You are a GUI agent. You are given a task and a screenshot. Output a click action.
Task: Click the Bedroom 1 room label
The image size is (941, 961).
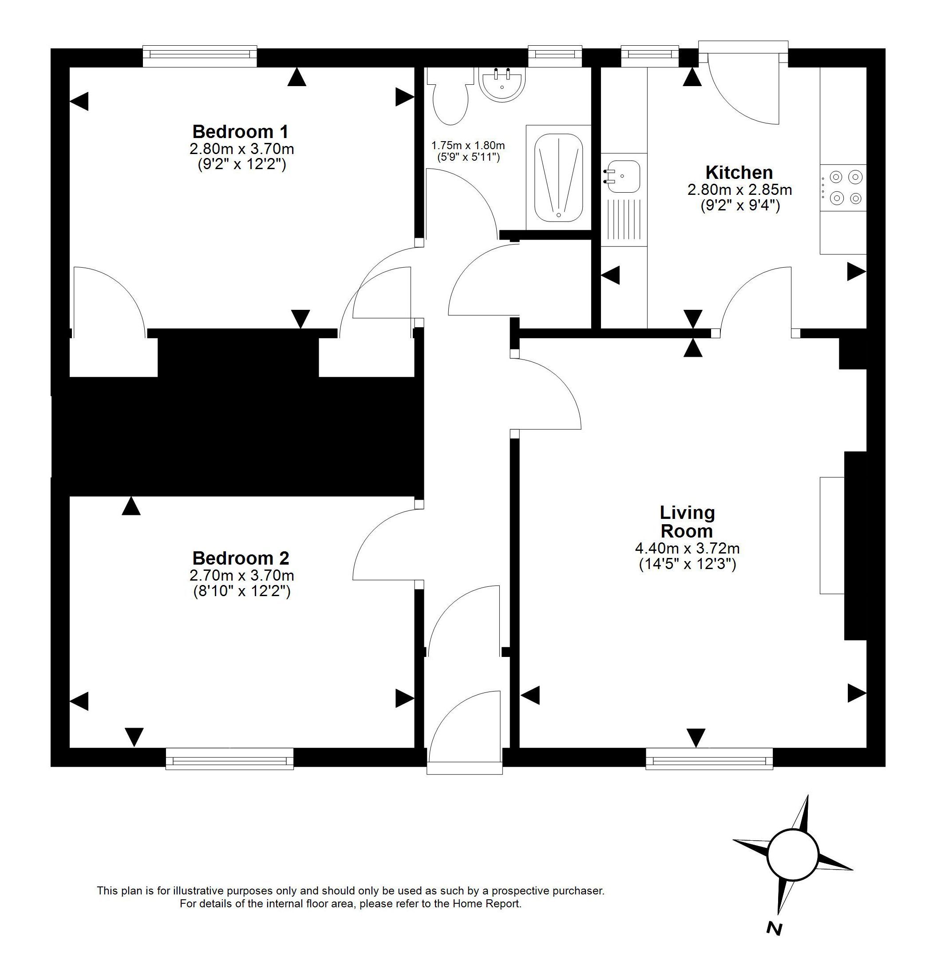tap(240, 132)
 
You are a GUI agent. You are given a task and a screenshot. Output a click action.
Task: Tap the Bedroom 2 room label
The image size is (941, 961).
tap(241, 558)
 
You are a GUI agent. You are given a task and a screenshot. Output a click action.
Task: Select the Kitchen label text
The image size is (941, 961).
tap(739, 173)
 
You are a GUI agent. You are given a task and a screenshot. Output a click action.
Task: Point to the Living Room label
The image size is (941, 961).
tap(688, 522)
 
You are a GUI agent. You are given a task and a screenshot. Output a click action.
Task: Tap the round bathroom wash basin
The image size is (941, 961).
tap(502, 85)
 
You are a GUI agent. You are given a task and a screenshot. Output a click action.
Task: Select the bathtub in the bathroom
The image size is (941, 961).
tap(559, 178)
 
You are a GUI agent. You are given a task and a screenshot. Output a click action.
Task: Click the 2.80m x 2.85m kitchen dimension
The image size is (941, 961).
tap(740, 190)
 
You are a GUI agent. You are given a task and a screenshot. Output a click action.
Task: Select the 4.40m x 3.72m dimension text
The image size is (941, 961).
tap(688, 548)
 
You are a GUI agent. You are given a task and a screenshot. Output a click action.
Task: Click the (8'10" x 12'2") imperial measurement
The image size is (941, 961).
tap(241, 591)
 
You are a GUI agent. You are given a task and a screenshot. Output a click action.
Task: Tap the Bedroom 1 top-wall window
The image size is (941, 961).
tap(200, 56)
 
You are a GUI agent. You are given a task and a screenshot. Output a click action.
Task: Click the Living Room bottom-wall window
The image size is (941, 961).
tap(709, 759)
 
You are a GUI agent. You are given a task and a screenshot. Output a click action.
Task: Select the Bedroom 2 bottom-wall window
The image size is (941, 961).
tap(229, 759)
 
